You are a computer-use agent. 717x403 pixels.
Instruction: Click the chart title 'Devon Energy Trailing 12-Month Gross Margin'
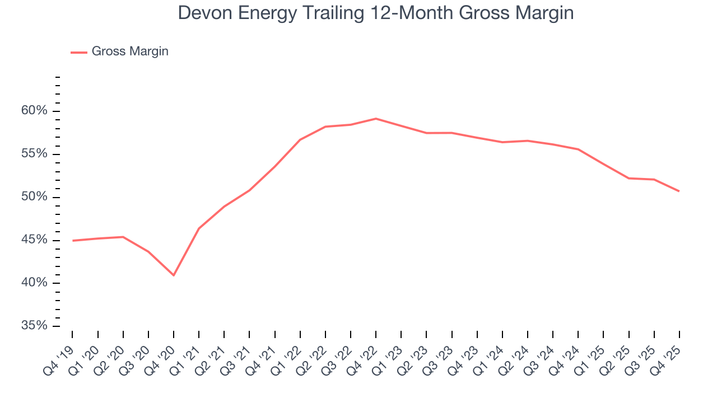click(376, 13)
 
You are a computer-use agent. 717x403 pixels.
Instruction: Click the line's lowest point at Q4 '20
click(174, 275)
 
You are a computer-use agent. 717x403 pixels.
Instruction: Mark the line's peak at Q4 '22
click(376, 119)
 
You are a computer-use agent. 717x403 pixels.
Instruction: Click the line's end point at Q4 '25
click(679, 191)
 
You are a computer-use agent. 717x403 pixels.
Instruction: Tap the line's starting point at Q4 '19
click(73, 241)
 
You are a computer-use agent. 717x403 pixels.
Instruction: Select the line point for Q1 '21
click(199, 228)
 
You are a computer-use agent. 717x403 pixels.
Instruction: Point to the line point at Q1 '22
click(300, 139)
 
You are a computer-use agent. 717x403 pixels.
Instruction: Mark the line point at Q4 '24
click(578, 149)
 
